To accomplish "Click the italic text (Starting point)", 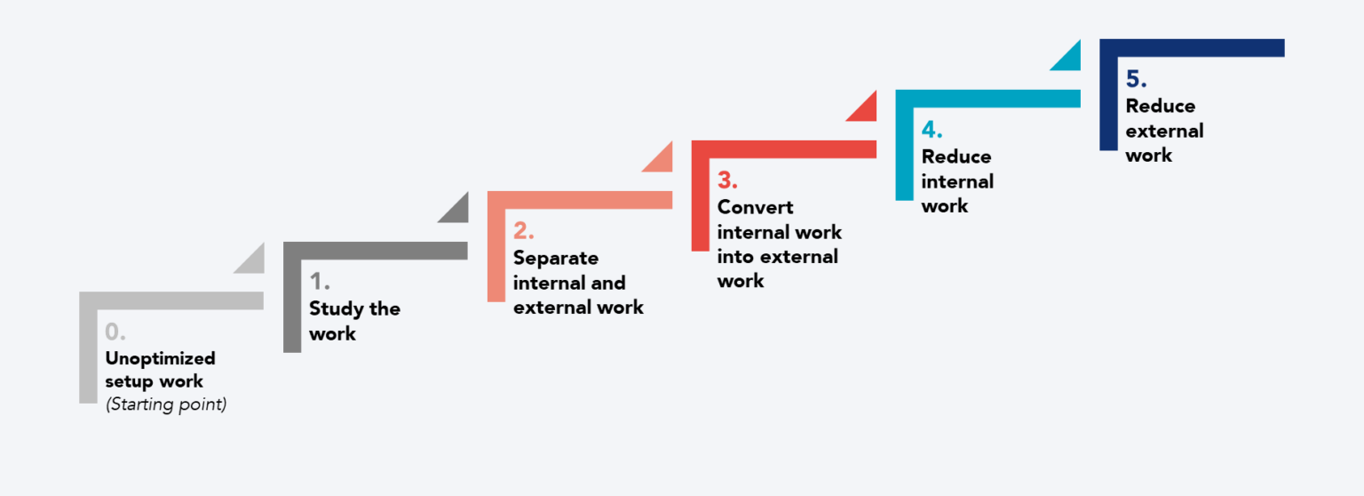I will pyautogui.click(x=166, y=405).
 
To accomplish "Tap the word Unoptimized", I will pyautogui.click(x=160, y=359).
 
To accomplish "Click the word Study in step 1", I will pyautogui.click(x=336, y=309).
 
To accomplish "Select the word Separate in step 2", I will pyautogui.click(x=556, y=259).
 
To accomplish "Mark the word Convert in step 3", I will pyautogui.click(x=756, y=207).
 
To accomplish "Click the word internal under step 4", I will pyautogui.click(x=957, y=181).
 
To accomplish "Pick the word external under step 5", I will pyautogui.click(x=1164, y=131).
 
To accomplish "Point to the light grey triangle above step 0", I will pyautogui.click(x=253, y=262).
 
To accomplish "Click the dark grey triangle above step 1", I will pyautogui.click(x=457, y=212).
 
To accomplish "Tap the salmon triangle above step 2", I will pyautogui.click(x=662, y=161).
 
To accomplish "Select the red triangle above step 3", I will pyautogui.click(x=866, y=110).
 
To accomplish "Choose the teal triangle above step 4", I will pyautogui.click(x=1070, y=60).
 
